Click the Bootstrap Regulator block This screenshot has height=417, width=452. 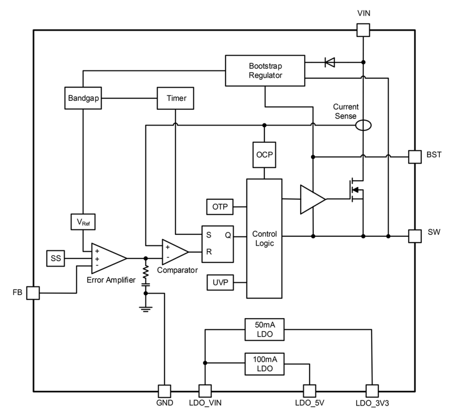(x=265, y=71)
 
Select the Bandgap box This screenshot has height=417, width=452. (x=83, y=98)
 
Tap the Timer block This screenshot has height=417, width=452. (x=175, y=98)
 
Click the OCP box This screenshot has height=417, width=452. (x=264, y=155)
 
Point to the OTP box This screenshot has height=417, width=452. (x=220, y=207)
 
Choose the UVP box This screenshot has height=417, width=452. (x=220, y=282)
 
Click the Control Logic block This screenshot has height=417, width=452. (x=264, y=239)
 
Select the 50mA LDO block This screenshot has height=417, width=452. (x=265, y=329)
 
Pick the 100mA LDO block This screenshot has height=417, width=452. (x=265, y=364)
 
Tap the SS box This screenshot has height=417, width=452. (x=55, y=258)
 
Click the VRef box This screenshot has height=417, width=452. (x=83, y=222)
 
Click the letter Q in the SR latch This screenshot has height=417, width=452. (x=228, y=235)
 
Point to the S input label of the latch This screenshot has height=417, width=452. (x=209, y=235)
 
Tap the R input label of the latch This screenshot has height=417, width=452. (x=209, y=252)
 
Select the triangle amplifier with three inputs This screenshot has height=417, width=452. (x=106, y=258)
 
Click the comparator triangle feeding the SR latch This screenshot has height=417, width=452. (x=173, y=252)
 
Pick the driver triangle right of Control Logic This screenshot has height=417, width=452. (x=311, y=199)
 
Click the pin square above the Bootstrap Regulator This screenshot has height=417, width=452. (x=363, y=30)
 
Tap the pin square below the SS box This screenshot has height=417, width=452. (x=33, y=293)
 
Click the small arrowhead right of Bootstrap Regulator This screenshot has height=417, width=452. (x=331, y=62)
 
